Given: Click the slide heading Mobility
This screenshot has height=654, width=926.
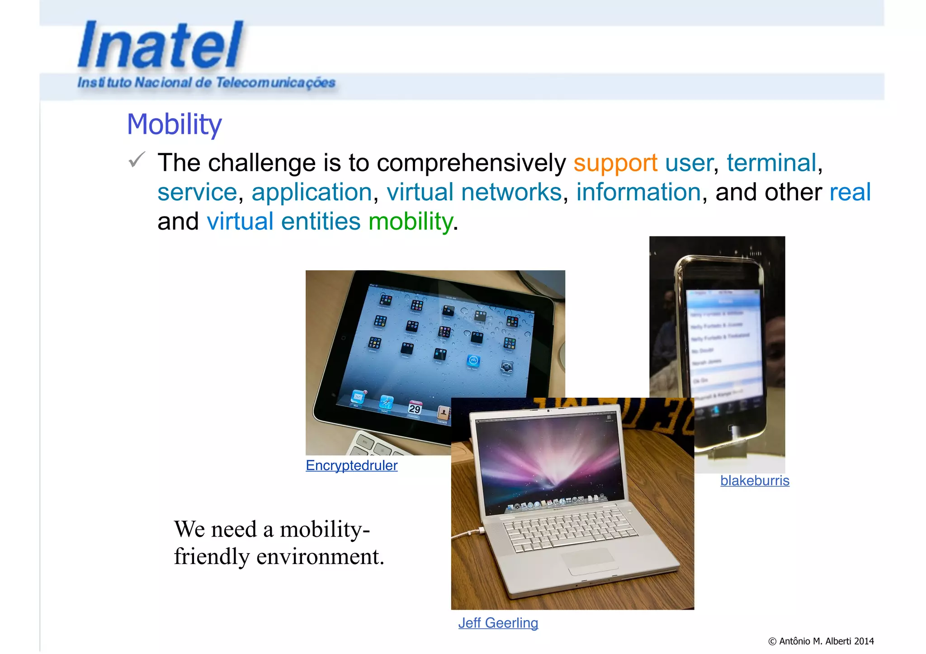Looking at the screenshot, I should pyautogui.click(x=174, y=124).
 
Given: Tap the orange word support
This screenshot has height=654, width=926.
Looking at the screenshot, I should pyautogui.click(x=615, y=163).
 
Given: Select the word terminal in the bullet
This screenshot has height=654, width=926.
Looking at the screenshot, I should pyautogui.click(x=771, y=163).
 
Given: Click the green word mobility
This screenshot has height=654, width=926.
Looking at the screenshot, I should pyautogui.click(x=411, y=221).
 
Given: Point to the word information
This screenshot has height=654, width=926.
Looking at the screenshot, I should pyautogui.click(x=638, y=192).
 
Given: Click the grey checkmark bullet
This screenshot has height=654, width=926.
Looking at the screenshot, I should pyautogui.click(x=137, y=160).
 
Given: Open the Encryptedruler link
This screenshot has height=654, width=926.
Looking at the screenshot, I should pyautogui.click(x=351, y=466).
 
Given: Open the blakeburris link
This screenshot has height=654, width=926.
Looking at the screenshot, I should pyautogui.click(x=755, y=480).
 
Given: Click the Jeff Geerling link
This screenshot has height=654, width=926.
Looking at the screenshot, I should pyautogui.click(x=498, y=623).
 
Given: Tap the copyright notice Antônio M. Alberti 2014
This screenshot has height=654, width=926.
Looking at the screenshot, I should pyautogui.click(x=821, y=641).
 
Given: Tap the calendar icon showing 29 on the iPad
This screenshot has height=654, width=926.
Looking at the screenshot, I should pyautogui.click(x=415, y=408).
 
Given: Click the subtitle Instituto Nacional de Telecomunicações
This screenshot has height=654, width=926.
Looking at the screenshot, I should pyautogui.click(x=206, y=83).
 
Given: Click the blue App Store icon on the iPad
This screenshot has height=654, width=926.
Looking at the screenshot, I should pyautogui.click(x=473, y=361).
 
